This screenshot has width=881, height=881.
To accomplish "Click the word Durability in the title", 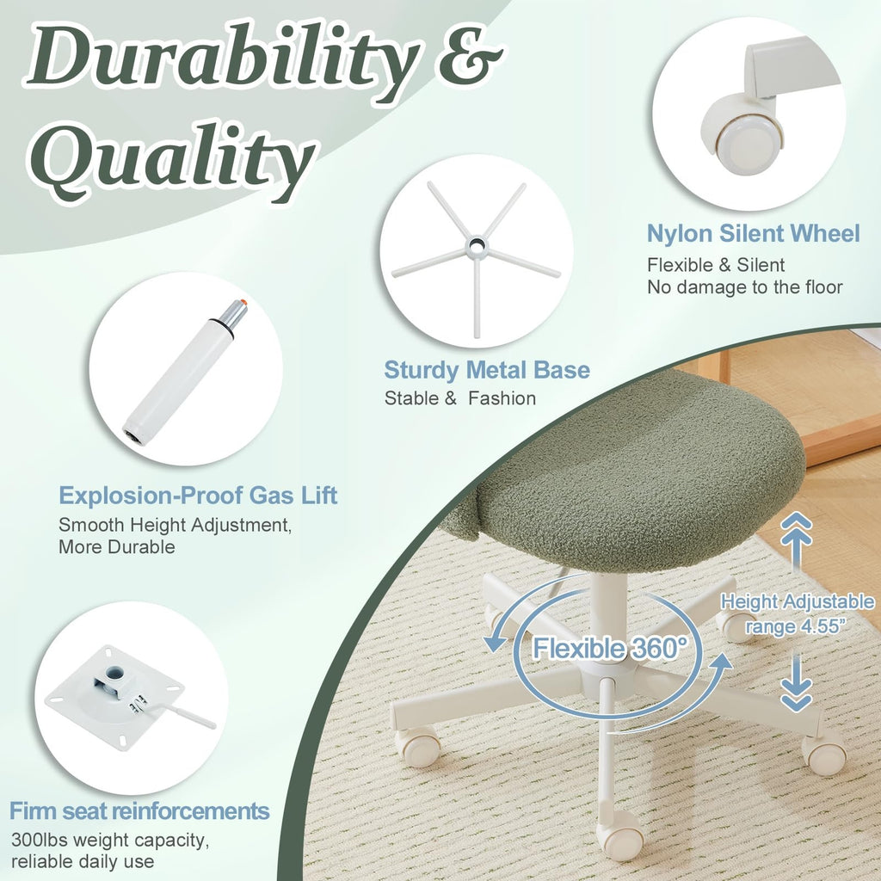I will click(219, 62).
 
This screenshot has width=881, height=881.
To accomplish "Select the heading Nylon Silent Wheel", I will click(753, 233).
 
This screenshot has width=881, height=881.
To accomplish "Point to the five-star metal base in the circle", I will click(475, 250).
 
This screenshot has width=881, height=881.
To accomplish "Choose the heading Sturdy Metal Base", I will click(487, 370).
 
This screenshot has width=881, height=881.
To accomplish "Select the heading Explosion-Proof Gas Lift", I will click(198, 495).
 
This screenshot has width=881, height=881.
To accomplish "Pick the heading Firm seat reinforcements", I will click(139, 810).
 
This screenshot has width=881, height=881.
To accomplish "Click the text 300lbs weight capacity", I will click(109, 839).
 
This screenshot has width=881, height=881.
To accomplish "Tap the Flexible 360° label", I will click(610, 647).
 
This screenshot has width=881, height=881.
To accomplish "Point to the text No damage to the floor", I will click(744, 287).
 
